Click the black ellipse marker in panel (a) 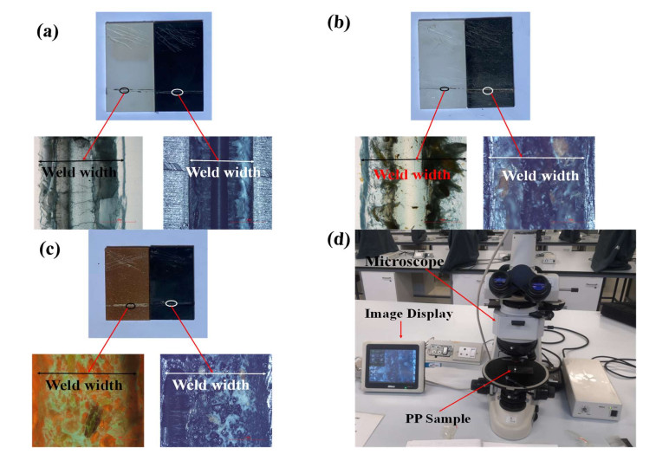[x=127, y=90]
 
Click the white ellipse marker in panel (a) [x=178, y=91]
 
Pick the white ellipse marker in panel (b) [x=488, y=89]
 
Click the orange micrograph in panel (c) [x=88, y=399]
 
